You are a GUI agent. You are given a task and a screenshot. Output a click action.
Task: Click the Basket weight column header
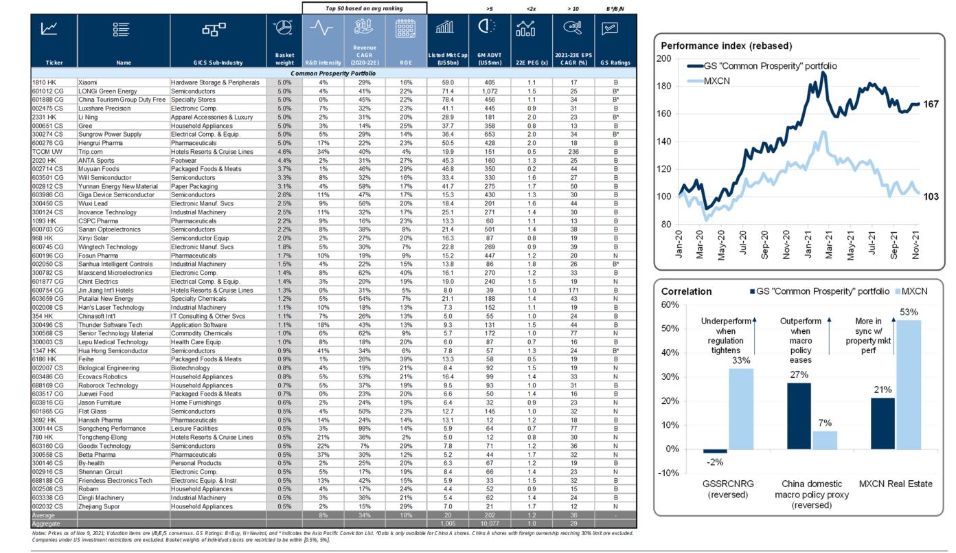[x=284, y=59]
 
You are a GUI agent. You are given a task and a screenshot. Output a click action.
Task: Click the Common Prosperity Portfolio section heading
[x=333, y=73]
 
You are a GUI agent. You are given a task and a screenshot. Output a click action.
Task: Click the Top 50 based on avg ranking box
[x=364, y=8]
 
